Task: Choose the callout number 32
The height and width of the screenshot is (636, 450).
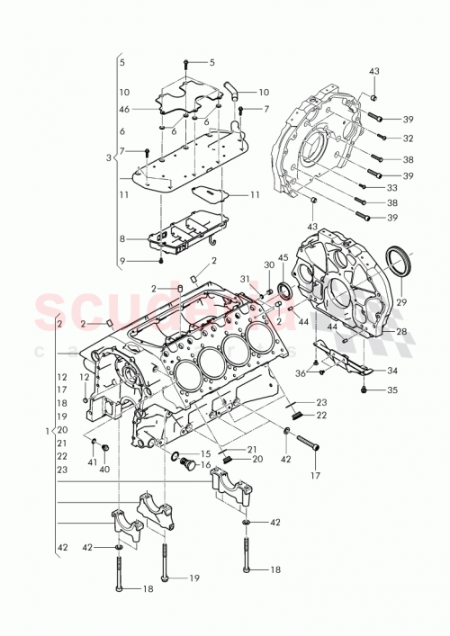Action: tap(408, 139)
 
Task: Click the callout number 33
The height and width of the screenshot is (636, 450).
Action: tap(392, 187)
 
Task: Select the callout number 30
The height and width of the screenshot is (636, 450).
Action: tap(267, 264)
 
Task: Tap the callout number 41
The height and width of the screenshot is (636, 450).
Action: tap(93, 461)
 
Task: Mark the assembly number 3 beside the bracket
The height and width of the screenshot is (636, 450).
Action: tap(109, 157)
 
